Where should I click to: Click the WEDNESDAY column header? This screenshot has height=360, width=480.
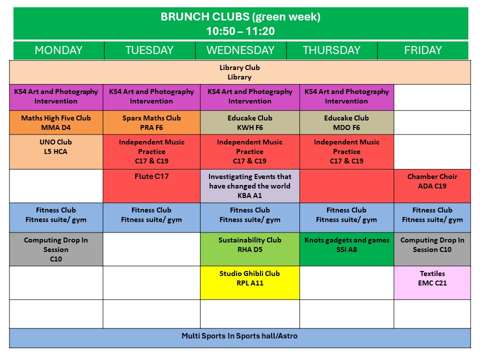240,50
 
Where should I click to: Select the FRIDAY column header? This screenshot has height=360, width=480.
423,50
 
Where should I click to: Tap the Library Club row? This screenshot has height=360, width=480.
239,72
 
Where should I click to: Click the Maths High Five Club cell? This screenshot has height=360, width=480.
56,122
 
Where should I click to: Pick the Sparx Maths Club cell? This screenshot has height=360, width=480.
151,122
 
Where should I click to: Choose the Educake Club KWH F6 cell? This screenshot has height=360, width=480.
250,122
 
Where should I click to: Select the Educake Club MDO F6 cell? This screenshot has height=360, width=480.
346,122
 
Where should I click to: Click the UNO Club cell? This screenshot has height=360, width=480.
56,152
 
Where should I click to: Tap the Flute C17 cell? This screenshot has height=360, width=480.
151,186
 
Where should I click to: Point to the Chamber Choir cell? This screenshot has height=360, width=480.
432,186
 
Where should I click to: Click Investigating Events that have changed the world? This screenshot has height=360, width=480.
250,186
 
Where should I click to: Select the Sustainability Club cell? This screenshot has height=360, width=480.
250,249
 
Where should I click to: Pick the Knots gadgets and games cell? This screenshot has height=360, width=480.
346,249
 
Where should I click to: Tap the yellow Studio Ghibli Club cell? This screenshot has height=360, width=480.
250,282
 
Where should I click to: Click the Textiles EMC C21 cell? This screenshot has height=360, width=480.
432,282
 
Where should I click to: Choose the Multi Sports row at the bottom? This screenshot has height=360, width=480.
239,338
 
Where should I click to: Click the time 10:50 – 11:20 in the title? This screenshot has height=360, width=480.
240,31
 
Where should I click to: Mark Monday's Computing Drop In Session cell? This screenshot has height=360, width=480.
56,249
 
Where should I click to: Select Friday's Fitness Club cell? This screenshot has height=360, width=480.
432,217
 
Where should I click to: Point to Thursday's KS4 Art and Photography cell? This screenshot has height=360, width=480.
346,97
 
